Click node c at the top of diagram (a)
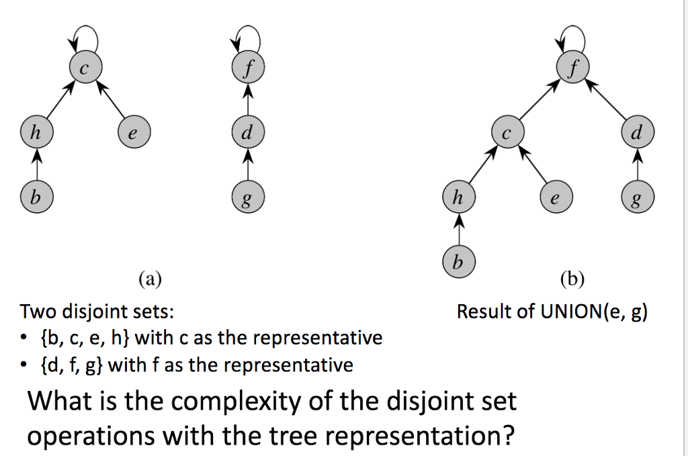[85, 68]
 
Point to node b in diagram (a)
[36, 197]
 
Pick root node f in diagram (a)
[248, 68]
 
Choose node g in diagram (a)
[248, 197]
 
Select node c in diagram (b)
[508, 132]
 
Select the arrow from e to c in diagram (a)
[110, 101]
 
